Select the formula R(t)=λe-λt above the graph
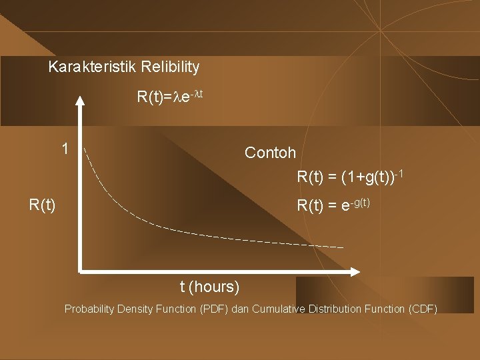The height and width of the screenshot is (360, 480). click(169, 97)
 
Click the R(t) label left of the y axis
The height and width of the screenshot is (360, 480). click(42, 205)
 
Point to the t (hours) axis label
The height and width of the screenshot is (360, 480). click(209, 287)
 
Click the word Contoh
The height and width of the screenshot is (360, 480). click(270, 153)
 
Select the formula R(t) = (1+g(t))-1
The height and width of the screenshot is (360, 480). click(350, 177)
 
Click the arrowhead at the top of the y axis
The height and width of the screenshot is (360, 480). click(80, 102)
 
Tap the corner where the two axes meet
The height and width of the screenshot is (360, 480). click(80, 271)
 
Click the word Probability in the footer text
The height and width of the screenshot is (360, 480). click(89, 309)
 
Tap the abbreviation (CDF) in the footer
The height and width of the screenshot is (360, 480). click(423, 309)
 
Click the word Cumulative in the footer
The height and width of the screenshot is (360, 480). click(279, 309)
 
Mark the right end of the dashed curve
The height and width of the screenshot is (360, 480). click(343, 247)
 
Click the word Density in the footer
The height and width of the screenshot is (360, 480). click(135, 309)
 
